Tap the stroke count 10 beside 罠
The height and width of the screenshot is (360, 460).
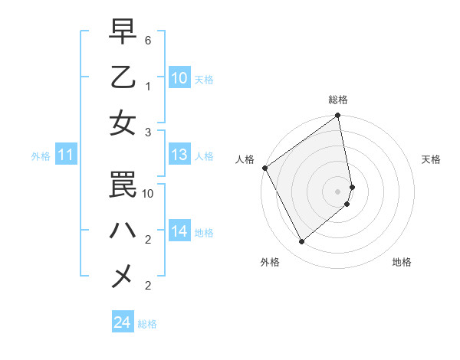(x=149, y=194)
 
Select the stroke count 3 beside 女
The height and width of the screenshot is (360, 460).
(x=147, y=132)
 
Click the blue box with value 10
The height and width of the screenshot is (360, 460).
(x=179, y=77)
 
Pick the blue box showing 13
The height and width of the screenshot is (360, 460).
(x=179, y=155)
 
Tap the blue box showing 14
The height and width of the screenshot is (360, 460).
(x=179, y=231)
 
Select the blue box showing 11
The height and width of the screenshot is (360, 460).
(x=66, y=155)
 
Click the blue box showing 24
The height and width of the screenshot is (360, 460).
(x=122, y=322)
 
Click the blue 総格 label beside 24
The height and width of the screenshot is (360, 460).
(x=147, y=324)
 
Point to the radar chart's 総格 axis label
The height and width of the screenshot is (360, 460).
(x=338, y=100)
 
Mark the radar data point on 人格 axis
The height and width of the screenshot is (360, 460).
(x=264, y=168)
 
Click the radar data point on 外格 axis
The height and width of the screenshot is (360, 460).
(x=302, y=242)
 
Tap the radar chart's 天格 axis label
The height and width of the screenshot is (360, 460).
(x=432, y=159)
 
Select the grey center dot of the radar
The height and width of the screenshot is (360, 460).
(x=338, y=191)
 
